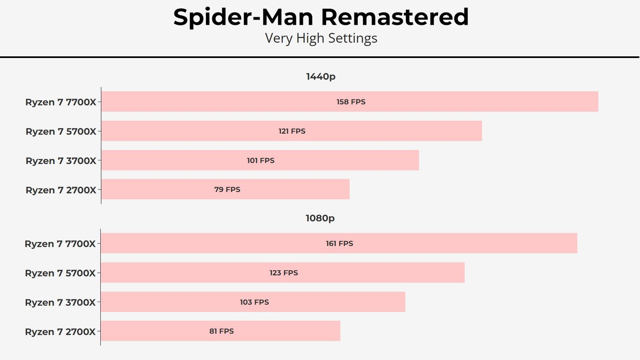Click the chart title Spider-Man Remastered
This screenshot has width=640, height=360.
click(321, 17)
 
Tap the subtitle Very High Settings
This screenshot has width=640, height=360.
click(321, 38)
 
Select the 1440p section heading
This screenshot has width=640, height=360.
click(320, 76)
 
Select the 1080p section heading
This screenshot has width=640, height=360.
click(320, 218)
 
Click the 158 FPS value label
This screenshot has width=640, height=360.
click(351, 102)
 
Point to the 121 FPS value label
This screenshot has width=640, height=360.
click(292, 131)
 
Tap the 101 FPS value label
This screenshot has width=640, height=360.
click(260, 160)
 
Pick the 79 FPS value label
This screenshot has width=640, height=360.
click(227, 190)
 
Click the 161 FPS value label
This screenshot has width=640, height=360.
click(340, 244)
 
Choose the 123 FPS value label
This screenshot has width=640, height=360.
click(284, 273)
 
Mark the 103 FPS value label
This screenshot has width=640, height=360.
click(254, 302)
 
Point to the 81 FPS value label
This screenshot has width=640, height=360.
click(222, 331)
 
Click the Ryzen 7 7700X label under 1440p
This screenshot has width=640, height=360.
click(60, 102)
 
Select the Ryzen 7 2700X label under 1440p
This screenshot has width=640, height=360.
click(61, 190)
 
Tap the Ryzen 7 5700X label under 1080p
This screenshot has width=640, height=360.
click(60, 273)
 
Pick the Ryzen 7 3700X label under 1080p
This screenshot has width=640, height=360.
click(60, 302)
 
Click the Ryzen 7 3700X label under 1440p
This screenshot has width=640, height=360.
click(61, 160)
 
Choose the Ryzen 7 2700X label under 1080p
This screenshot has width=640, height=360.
click(60, 332)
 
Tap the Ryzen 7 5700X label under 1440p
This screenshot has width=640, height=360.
click(61, 132)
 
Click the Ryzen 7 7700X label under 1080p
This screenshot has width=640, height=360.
click(60, 244)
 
